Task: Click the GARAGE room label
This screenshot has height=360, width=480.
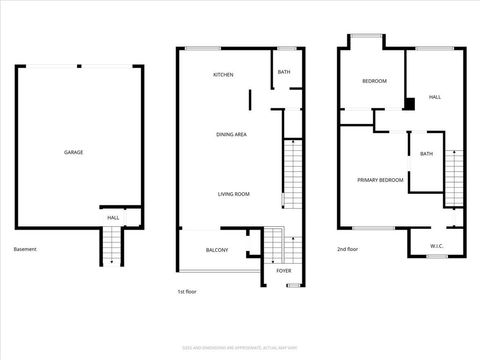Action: (x=74, y=152)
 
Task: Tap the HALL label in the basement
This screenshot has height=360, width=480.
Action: (x=113, y=217)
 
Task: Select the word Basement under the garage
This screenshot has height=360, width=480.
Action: (x=25, y=249)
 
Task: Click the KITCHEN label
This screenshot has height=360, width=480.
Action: (x=223, y=76)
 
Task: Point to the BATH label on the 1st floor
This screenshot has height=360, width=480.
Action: (x=284, y=72)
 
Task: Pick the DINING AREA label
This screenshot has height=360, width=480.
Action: (x=232, y=134)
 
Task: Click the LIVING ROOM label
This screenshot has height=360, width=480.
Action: (x=234, y=194)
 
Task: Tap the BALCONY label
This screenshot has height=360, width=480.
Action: (x=217, y=250)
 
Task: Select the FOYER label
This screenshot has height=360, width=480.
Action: (x=284, y=270)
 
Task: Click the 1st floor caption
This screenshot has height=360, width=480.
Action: (x=186, y=292)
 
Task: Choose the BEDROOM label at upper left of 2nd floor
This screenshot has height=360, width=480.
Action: (x=374, y=80)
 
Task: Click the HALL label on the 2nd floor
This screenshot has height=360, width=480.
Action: (x=434, y=97)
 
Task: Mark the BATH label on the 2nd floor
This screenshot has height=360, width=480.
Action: (x=427, y=153)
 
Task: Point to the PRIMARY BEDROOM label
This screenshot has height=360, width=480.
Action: (x=381, y=180)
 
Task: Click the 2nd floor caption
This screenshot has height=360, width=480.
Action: (x=347, y=249)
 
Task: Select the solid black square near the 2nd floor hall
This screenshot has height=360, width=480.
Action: (x=409, y=103)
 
